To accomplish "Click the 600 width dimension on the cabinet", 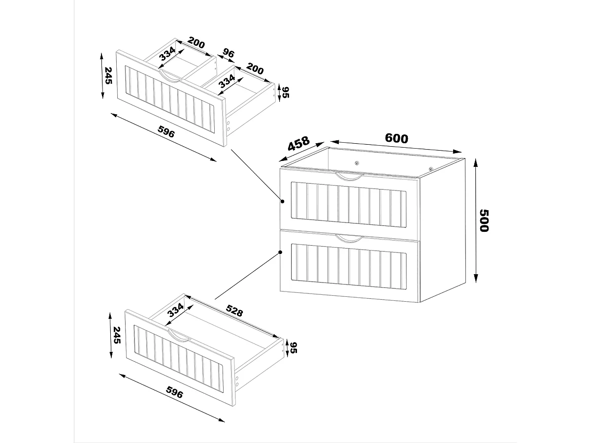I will coord(396,139).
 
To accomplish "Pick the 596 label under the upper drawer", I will coord(166,131).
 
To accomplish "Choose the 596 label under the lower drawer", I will coord(175,393).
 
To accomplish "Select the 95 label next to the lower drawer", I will coord(293,348).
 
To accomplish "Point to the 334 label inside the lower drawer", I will coord(175,311).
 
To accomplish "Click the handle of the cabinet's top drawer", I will coord(349,176).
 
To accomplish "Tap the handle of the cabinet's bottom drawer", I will coord(349,239).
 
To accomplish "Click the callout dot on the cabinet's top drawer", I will coord(283,201).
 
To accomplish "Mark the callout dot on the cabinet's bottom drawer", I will coord(280,253).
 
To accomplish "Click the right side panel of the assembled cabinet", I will coord(442,231).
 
